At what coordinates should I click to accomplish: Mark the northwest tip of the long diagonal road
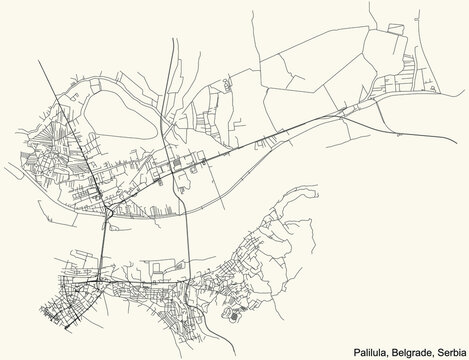(39, 59)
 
